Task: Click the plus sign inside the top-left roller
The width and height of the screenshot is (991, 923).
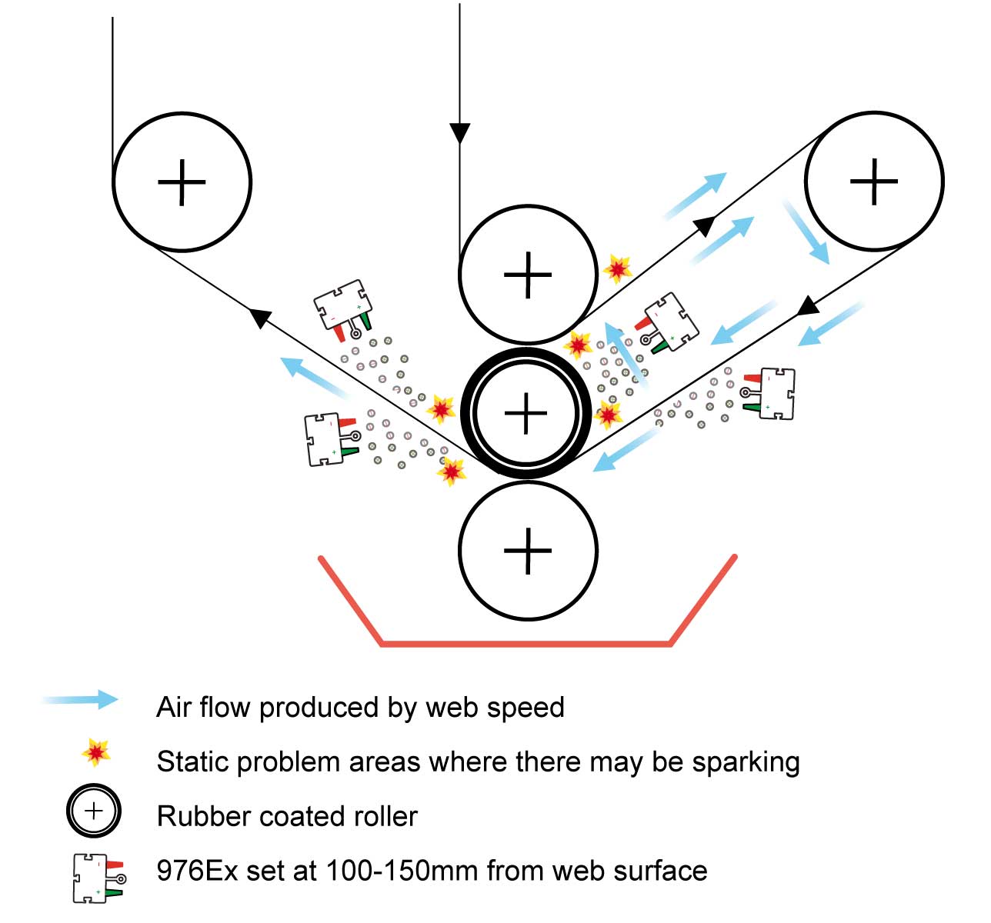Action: coord(182,182)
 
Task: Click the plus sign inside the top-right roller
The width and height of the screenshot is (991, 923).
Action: coord(873,182)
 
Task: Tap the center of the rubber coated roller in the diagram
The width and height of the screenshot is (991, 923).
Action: coord(526,413)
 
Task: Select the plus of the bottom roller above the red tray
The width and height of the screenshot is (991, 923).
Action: coord(528,551)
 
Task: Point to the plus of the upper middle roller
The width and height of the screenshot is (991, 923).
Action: coord(528,275)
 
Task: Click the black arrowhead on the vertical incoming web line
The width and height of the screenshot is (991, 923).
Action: coord(459,133)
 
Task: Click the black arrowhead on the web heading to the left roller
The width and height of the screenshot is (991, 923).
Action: coord(260,316)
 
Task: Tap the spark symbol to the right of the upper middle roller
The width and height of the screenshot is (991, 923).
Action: coord(617,268)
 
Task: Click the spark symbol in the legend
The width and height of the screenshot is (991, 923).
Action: coord(95,753)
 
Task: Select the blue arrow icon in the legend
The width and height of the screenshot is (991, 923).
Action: coord(82,700)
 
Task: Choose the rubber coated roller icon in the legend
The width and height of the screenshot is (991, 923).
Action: coord(93,811)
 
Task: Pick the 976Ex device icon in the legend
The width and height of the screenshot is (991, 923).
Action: coord(97,878)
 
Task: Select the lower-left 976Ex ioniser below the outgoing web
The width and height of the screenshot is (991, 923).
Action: coord(329,439)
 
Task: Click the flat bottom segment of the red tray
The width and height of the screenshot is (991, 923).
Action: coord(526,643)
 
